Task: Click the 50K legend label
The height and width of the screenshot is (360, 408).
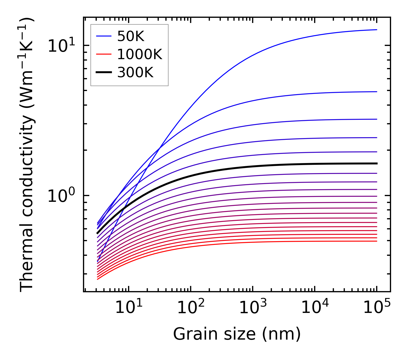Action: (130, 36)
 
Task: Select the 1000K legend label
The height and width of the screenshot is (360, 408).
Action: (140, 54)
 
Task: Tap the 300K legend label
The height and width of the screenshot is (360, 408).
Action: (135, 73)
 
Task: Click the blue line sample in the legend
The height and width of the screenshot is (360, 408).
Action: (104, 36)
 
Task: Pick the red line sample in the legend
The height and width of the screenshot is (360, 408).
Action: (104, 54)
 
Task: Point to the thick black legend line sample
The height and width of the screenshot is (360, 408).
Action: (104, 73)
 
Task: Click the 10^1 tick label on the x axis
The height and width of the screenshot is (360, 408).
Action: (129, 308)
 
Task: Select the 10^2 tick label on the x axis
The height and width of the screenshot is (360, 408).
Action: (191, 308)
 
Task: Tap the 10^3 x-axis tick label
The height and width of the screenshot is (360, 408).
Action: (253, 308)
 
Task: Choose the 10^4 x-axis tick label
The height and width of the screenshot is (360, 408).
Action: (315, 308)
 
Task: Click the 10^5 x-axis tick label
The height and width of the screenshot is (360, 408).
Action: (377, 308)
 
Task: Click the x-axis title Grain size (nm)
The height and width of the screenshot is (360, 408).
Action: (237, 334)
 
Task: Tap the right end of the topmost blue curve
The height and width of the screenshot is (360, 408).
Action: (376, 30)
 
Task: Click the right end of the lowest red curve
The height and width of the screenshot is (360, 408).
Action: (376, 241)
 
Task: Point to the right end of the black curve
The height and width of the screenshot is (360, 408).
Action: (376, 163)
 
